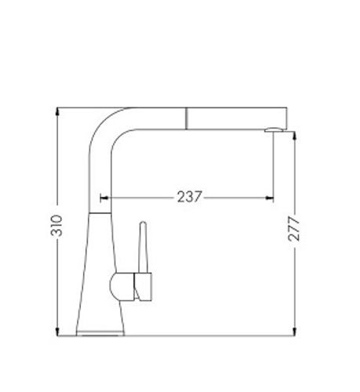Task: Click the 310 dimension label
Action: pyautogui.click(x=56, y=225)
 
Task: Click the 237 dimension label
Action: pyautogui.click(x=190, y=197)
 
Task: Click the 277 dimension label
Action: pyautogui.click(x=293, y=229)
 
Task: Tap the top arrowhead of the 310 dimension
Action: pyautogui.click(x=57, y=111)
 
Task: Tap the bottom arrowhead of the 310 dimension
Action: pyautogui.click(x=57, y=332)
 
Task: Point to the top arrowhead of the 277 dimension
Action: pyautogui.click(x=295, y=136)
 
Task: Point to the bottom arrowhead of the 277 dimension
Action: pyautogui.click(x=295, y=332)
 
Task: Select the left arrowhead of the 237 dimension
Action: pyautogui.click(x=104, y=198)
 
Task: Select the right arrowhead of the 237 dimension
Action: pyautogui.click(x=270, y=198)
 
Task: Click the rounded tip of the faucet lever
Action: pyautogui.click(x=143, y=223)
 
